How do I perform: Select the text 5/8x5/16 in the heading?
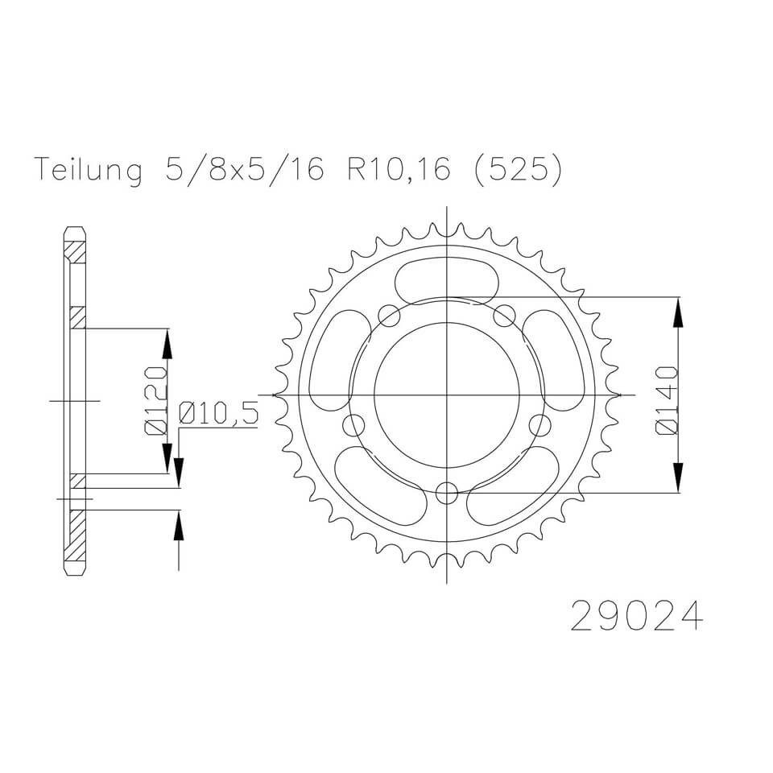tap(246, 170)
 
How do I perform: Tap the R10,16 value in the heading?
tap(399, 170)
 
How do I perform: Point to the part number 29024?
tap(636, 616)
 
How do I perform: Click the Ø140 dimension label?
tap(668, 400)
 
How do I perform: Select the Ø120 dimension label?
tap(155, 400)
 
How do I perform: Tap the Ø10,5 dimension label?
tap(218, 412)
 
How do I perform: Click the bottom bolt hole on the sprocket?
tap(447, 491)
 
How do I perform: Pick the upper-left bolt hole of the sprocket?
tap(390, 316)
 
